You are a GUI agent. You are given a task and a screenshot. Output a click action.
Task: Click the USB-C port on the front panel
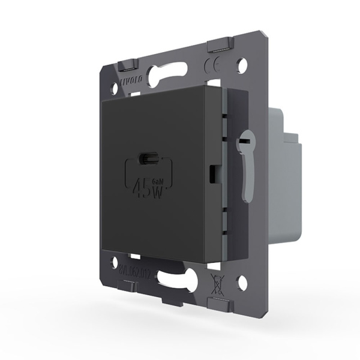click(147, 159)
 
